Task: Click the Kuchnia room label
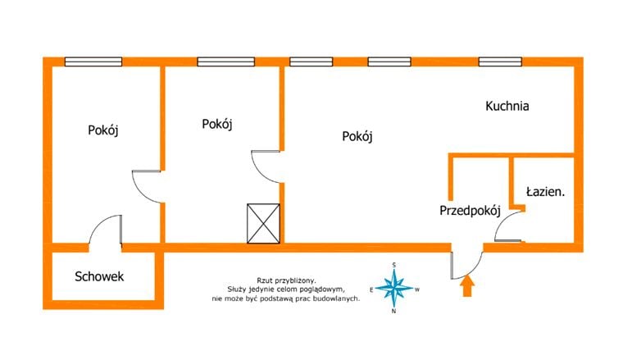tap(507, 106)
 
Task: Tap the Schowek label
tap(99, 276)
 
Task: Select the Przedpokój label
tap(470, 211)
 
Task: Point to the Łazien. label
tap(546, 192)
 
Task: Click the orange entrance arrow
tap(467, 285)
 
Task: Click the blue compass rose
tap(393, 288)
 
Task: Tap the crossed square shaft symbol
tap(263, 224)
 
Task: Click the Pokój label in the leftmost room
tap(103, 130)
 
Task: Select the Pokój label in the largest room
tap(357, 136)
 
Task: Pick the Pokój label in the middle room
tap(217, 124)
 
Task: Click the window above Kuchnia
tap(500, 62)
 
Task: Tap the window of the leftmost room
tap(93, 62)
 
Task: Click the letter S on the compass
tap(393, 265)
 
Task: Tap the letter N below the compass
tap(393, 312)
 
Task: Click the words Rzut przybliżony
tap(286, 280)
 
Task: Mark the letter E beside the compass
tap(371, 289)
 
